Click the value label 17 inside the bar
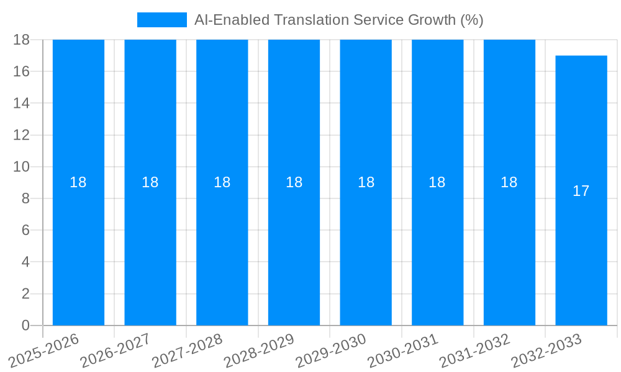[x=581, y=191]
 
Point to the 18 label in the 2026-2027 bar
[x=150, y=182]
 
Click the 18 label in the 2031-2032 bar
[x=509, y=182]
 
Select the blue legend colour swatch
[x=161, y=20]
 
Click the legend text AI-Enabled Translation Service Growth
[x=338, y=20]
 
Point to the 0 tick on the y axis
[x=25, y=325]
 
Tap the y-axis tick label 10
[x=22, y=167]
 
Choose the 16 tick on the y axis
[x=22, y=71]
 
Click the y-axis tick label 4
[x=25, y=262]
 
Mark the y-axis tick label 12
[x=22, y=135]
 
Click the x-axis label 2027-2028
[x=188, y=350]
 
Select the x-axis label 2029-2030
[x=331, y=350]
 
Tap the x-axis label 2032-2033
[x=546, y=350]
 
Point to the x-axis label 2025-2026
[x=44, y=350]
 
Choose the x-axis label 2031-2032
[x=475, y=350]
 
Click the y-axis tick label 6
[x=25, y=230]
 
